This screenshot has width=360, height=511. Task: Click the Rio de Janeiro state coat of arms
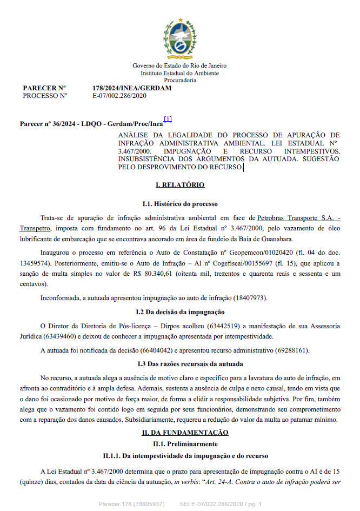(179, 37)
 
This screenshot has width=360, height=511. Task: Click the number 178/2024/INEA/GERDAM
(132, 88)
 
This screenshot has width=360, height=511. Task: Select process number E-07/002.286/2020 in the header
(119, 96)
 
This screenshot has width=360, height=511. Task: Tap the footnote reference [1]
(168, 119)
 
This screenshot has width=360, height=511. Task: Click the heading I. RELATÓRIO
(180, 185)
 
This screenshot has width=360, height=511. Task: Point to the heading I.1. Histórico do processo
(180, 204)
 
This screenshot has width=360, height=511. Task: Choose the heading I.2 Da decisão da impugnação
(180, 312)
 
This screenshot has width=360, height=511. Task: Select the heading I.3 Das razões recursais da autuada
(180, 363)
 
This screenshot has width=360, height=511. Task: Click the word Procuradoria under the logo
(180, 79)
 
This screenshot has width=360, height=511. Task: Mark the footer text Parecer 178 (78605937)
(132, 504)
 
